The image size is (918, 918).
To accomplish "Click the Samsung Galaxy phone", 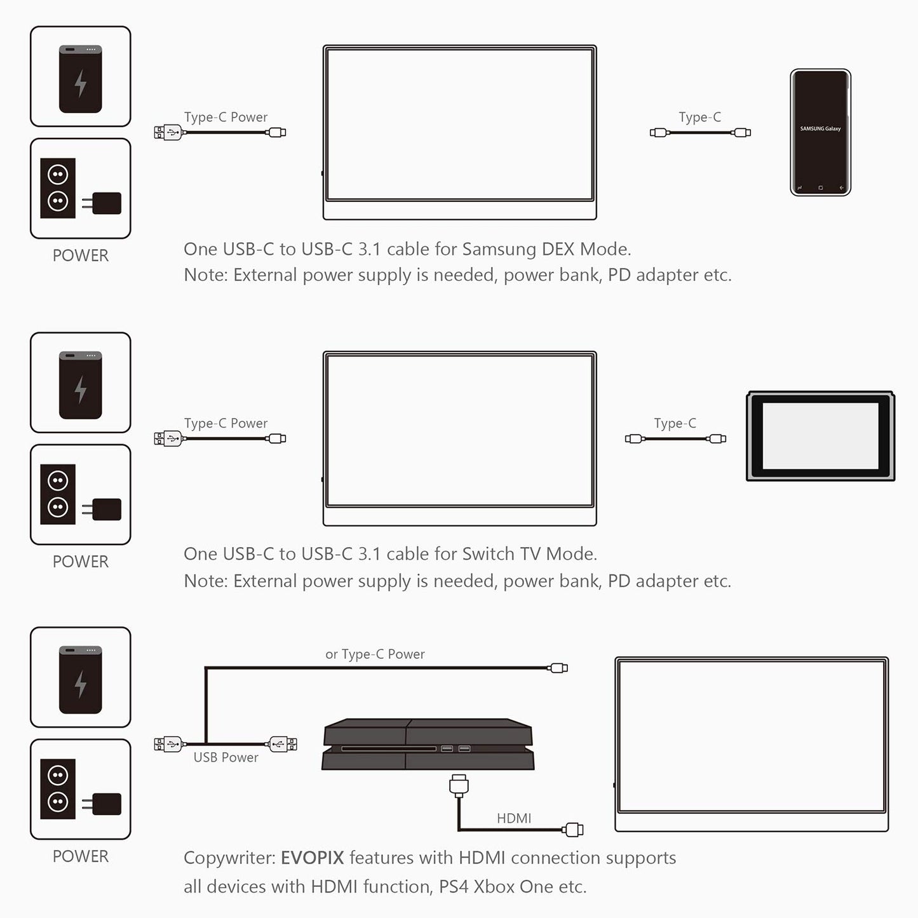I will (820, 132).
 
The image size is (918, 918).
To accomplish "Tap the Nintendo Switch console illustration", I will (820, 436).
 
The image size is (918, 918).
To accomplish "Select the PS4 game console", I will (428, 744).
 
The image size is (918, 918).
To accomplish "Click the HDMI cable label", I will (514, 818).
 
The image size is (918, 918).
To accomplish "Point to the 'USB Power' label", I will (226, 757).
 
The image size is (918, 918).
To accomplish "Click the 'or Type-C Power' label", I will (375, 654).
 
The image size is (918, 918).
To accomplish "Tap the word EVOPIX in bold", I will (312, 858).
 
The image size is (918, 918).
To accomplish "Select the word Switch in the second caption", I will (488, 554).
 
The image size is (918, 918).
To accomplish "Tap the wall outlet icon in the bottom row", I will (58, 788).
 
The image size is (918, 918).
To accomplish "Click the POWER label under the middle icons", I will (81, 562).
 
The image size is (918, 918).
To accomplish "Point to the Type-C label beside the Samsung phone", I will (699, 117).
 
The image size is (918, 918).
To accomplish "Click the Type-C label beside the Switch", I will (675, 423).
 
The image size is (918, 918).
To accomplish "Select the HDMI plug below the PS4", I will (458, 784).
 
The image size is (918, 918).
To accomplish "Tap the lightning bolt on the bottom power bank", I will (81, 684).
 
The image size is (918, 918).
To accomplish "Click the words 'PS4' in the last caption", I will (454, 886).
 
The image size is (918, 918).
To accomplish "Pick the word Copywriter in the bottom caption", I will (229, 858).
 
